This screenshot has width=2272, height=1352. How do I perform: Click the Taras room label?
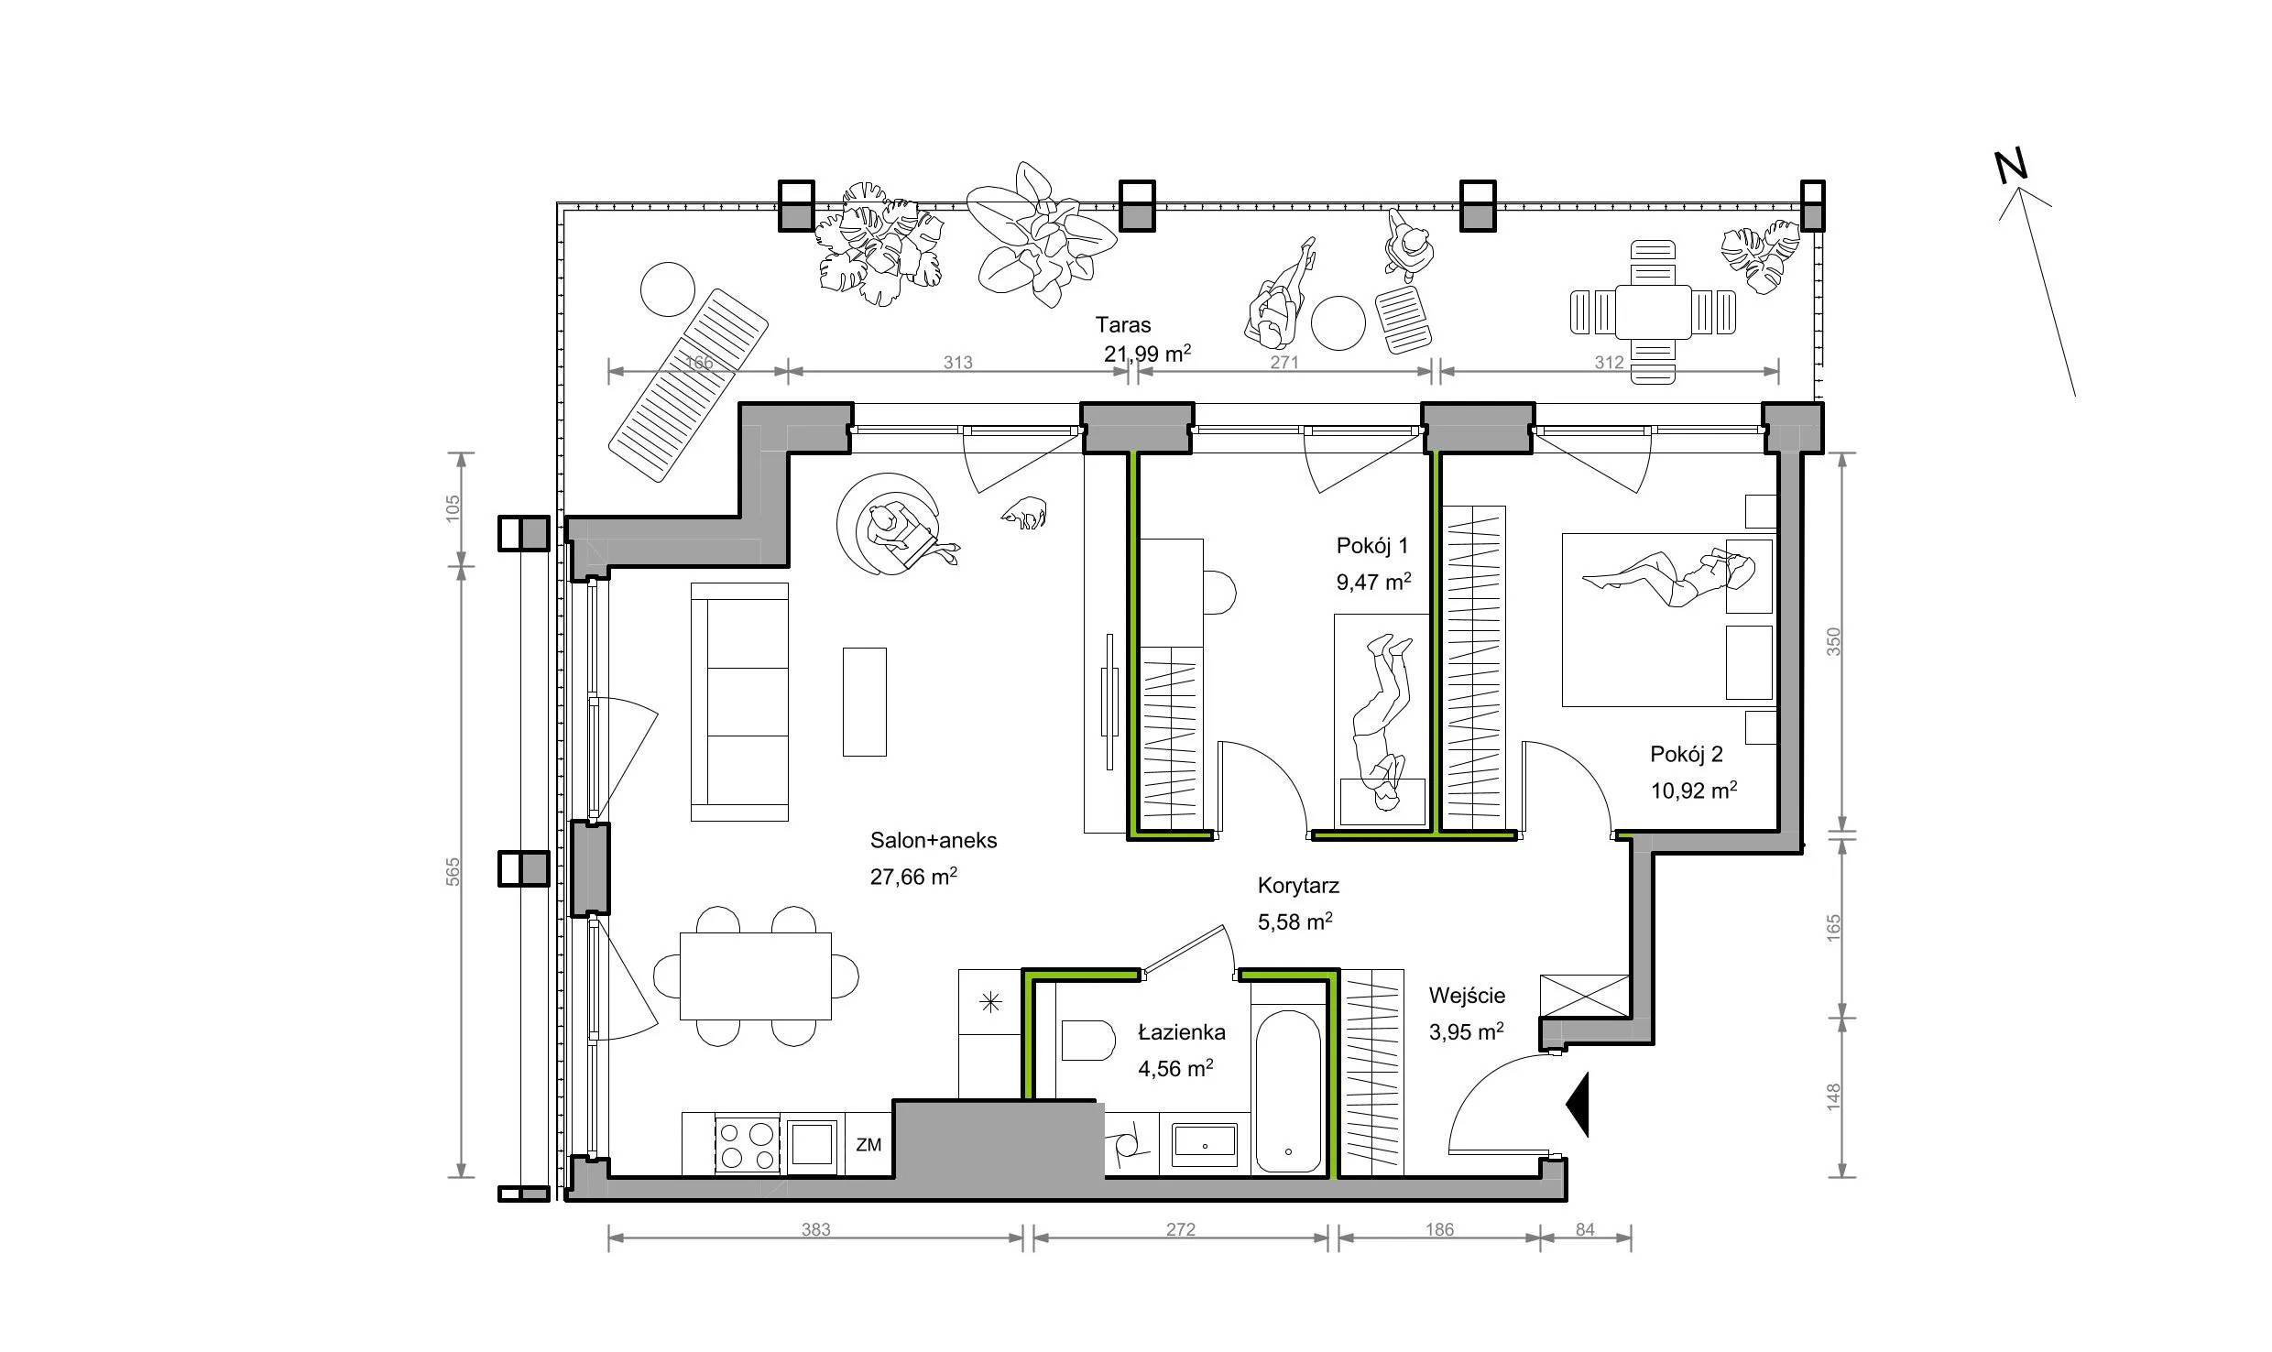coord(1123,324)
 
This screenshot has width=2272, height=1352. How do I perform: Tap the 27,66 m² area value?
coord(913,877)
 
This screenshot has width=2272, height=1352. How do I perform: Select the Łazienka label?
coord(1181,1032)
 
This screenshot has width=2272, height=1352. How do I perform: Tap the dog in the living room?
coord(1024,513)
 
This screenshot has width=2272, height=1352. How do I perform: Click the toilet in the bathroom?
coord(1087,1041)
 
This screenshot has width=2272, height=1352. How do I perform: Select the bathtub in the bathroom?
coord(1288,1091)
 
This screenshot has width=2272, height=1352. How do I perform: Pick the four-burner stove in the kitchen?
coord(747,1145)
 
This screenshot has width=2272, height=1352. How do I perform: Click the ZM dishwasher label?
coord(868,1145)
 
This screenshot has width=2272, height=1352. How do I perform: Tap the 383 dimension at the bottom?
coord(815,1229)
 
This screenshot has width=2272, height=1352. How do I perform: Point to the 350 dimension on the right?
coord(1833,641)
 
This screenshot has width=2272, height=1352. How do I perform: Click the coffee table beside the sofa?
coord(865,702)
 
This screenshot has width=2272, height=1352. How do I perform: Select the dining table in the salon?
coord(756,976)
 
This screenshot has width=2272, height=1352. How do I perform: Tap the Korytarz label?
coord(1298,886)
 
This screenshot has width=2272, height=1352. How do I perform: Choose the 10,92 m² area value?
coord(1694,790)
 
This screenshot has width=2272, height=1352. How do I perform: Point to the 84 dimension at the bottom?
coord(1585,1229)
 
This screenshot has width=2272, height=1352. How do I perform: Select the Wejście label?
coord(1467,996)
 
